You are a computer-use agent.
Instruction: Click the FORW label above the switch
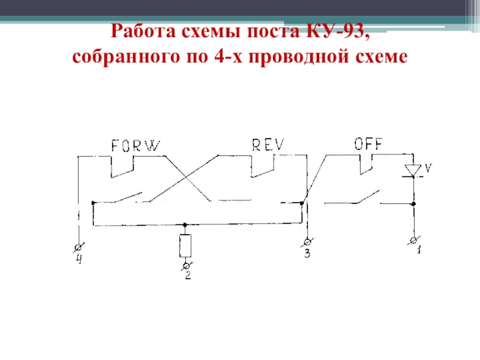136,145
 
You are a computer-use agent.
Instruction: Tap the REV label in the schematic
268,145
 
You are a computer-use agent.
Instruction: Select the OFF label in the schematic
368,144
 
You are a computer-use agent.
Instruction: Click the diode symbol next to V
413,170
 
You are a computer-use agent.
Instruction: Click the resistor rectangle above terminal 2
185,245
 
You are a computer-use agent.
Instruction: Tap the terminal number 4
78,259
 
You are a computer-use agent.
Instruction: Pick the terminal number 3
307,254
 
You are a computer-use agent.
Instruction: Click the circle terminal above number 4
78,246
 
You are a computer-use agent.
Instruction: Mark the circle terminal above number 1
413,241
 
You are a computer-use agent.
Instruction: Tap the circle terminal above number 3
307,242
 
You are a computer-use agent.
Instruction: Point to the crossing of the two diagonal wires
188,179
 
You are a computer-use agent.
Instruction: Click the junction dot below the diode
413,204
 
